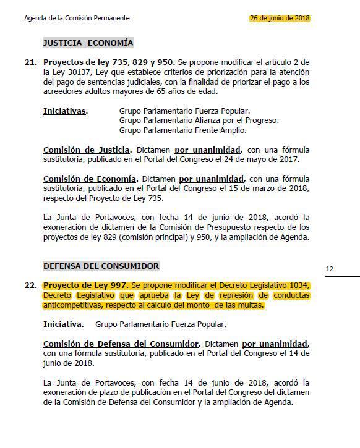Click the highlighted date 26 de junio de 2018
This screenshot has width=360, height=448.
tap(280, 18)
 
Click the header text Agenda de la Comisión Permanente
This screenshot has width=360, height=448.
tap(77, 19)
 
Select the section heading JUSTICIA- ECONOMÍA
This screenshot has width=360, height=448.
tap(88, 43)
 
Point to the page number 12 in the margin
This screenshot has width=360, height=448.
tap(329, 269)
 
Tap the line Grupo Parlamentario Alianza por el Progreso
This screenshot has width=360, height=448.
tap(199, 120)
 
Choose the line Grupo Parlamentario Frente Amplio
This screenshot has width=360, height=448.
tap(182, 130)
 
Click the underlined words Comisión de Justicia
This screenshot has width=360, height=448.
tap(87, 150)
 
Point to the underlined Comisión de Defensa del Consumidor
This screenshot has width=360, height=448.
tap(121, 344)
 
